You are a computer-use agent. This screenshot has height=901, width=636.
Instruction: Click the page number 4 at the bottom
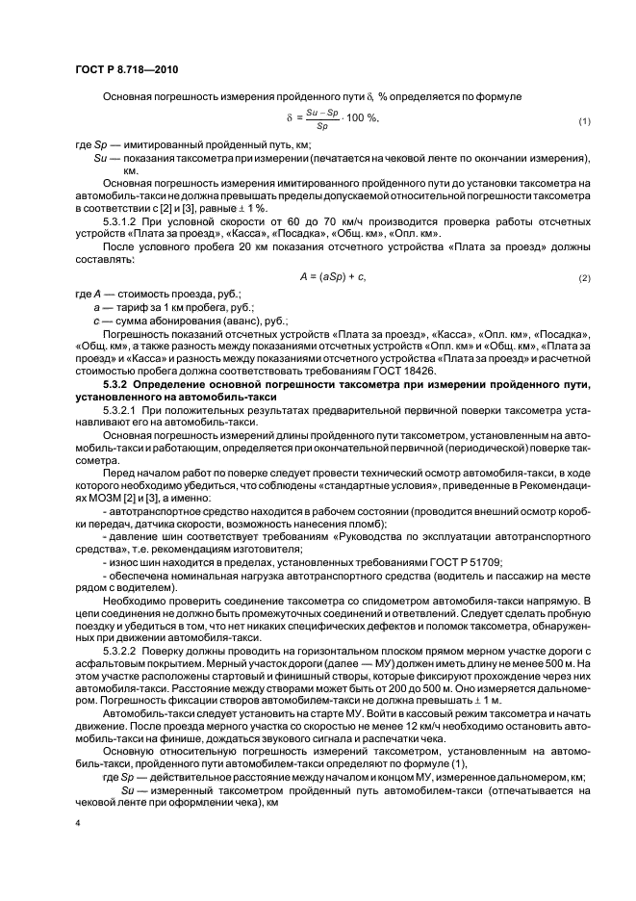pyautogui.click(x=77, y=824)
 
